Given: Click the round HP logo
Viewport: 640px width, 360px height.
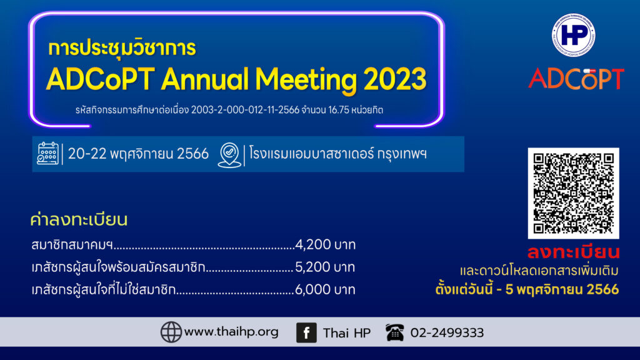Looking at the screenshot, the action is tap(574, 35).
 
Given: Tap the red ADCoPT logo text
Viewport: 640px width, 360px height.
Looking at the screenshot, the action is tap(576, 79).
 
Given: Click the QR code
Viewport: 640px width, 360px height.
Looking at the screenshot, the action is tap(574, 193).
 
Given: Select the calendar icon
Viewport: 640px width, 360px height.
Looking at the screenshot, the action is tap(47, 154).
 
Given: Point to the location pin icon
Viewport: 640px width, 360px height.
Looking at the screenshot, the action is tap(229, 155).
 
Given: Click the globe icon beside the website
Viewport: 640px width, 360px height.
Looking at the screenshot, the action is tap(171, 332).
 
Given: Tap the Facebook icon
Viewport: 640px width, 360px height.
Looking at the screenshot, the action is tap(306, 332).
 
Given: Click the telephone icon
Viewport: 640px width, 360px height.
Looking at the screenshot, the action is tap(395, 332).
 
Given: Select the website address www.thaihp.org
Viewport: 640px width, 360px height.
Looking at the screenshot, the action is tap(231, 332).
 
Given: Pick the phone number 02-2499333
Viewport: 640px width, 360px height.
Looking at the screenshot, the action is tap(447, 333).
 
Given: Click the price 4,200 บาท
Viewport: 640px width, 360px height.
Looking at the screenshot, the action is tap(325, 244).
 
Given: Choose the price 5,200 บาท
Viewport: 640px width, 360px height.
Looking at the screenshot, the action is tap(325, 267).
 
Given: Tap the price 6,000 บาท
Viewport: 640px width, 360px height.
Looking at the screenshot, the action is tap(325, 289).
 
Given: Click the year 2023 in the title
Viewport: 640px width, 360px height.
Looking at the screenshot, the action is tap(395, 79).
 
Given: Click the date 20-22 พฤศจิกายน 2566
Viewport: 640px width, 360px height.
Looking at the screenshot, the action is tap(138, 154).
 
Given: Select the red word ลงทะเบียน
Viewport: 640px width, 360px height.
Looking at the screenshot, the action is tap(574, 252).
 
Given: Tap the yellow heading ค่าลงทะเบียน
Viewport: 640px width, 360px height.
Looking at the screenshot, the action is tap(79, 219).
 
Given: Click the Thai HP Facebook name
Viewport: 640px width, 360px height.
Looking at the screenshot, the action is tap(347, 333).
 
